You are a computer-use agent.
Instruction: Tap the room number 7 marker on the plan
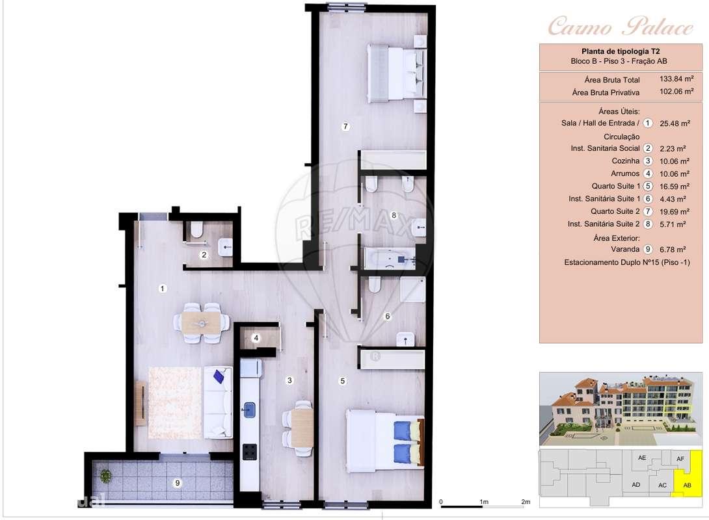click(x=345, y=127)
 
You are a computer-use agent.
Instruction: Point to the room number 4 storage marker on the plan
click(x=256, y=338)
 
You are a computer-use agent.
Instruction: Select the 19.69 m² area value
click(x=674, y=211)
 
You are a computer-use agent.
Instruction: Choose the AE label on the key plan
click(x=642, y=458)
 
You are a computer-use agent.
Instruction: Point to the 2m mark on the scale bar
click(x=526, y=502)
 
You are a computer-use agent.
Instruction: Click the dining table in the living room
click(x=202, y=322)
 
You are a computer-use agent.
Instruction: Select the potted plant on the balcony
click(x=105, y=476)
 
